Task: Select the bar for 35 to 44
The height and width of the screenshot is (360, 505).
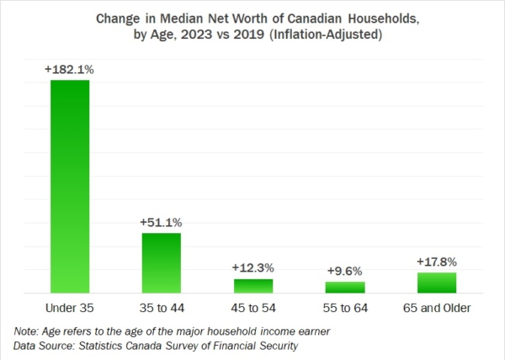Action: point(161,262)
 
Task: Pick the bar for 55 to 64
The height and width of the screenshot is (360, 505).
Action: point(345,287)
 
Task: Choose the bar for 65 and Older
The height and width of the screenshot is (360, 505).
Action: point(437,282)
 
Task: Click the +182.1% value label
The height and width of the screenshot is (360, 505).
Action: point(69,70)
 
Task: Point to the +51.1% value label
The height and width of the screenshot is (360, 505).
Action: point(161,222)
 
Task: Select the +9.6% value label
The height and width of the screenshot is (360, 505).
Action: point(345,271)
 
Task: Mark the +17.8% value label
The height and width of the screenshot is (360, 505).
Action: point(437,262)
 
